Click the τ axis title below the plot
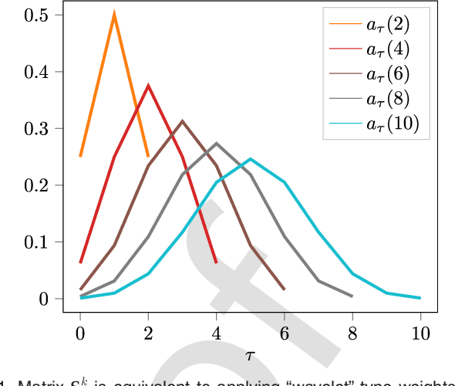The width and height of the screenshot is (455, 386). coord(250,355)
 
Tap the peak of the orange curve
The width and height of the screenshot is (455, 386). coord(114,15)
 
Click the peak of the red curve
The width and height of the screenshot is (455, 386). coord(148,86)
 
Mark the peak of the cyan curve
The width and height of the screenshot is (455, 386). coord(251,159)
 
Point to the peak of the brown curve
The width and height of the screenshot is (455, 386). coord(183,121)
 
